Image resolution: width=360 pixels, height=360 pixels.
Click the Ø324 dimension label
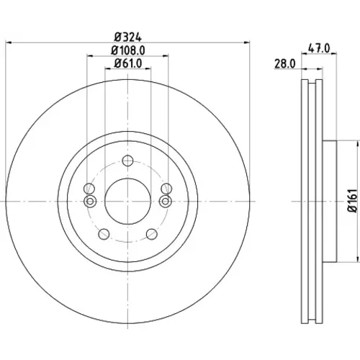pyautogui.click(x=128, y=37)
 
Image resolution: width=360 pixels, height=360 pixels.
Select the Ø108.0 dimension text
pyautogui.click(x=128, y=50)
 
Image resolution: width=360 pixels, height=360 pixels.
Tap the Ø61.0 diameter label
pyautogui.click(x=128, y=63)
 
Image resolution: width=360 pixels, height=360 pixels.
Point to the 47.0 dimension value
pyautogui.click(x=319, y=48)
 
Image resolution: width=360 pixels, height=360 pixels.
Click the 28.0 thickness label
pyautogui.click(x=285, y=64)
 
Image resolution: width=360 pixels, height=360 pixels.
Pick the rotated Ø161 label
pyautogui.click(x=353, y=201)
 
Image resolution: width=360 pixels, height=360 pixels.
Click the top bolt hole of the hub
pyautogui.click(x=127, y=161)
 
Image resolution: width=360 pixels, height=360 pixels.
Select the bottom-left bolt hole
pyautogui.click(x=104, y=234)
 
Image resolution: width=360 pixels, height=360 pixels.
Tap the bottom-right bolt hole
pyautogui.click(x=152, y=234)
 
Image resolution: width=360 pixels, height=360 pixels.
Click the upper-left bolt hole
pyautogui.click(x=89, y=189)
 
